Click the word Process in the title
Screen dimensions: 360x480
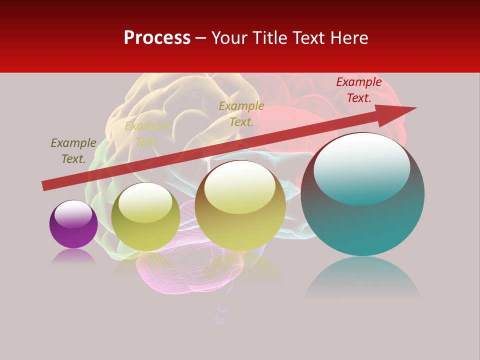pyautogui.click(x=157, y=38)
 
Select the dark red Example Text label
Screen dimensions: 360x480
pyautogui.click(x=358, y=90)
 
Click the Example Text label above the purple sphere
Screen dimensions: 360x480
pyautogui.click(x=73, y=151)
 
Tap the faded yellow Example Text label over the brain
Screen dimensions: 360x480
pyautogui.click(x=147, y=134)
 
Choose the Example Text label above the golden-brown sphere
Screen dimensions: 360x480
pyautogui.click(x=241, y=114)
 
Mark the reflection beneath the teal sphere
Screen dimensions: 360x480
pyautogui.click(x=362, y=280)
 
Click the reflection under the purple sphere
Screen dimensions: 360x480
pyautogui.click(x=73, y=256)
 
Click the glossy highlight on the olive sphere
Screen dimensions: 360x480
pyautogui.click(x=145, y=202)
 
